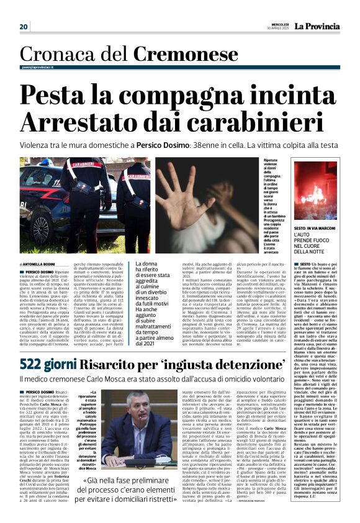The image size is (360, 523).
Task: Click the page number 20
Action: tap(24, 27)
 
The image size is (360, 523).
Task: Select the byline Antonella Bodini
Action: tap(41, 263)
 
